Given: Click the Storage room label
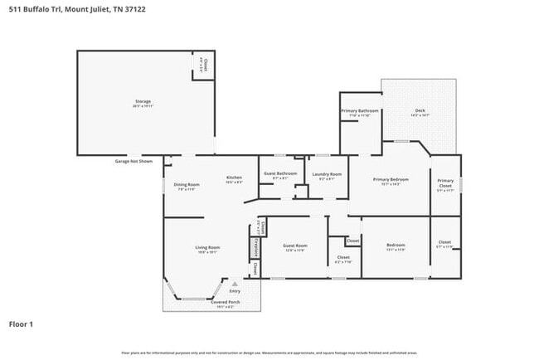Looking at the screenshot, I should [x=143, y=102].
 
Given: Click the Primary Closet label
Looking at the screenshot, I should [x=445, y=183].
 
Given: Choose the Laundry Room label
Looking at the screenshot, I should [x=325, y=174].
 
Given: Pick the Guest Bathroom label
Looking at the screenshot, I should [x=280, y=174].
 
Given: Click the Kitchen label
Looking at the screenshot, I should [x=234, y=178].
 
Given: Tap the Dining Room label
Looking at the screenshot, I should [x=187, y=185].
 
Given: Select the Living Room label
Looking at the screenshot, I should [x=207, y=248].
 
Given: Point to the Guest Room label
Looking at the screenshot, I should [x=295, y=246].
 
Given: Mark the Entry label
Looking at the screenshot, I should [x=235, y=291].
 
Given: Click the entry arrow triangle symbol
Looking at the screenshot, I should [x=235, y=284].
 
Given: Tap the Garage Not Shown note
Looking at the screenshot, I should [x=134, y=161].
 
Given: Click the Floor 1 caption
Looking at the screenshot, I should [x=22, y=324].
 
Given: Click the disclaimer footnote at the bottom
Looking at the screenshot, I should [x=269, y=353].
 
